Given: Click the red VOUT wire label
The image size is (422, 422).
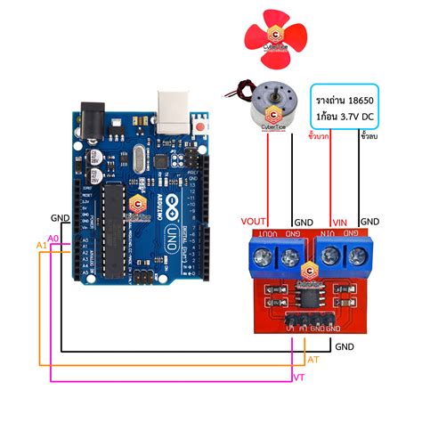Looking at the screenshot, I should (x=254, y=222).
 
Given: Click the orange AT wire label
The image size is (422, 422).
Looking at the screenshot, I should (x=312, y=359).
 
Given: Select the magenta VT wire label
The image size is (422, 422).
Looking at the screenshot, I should (x=299, y=377).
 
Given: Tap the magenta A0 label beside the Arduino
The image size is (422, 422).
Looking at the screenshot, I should (x=53, y=239).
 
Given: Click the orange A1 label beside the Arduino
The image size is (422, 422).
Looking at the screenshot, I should (x=41, y=245).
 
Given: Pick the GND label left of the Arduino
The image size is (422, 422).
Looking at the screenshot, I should (x=60, y=218).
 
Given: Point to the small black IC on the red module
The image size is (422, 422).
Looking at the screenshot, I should (x=307, y=296).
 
